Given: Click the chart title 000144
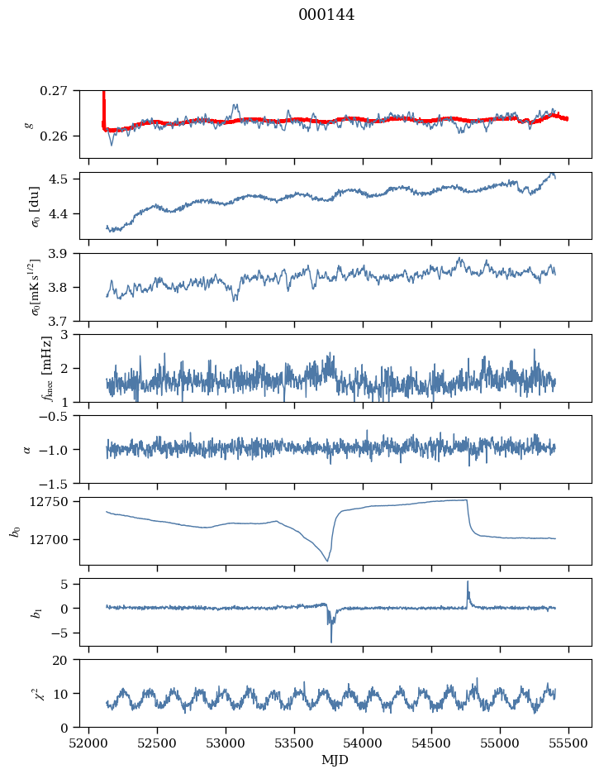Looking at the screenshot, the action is click(326, 15).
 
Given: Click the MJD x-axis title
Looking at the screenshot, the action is click(335, 760).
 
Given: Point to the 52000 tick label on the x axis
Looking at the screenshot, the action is click(88, 743).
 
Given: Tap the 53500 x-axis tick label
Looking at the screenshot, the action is click(294, 743).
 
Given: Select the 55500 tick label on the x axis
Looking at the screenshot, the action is click(568, 743).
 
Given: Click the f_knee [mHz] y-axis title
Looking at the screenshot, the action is click(47, 368).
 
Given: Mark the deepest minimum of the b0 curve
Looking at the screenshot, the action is click(327, 561).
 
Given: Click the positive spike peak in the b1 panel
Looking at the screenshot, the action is click(468, 581).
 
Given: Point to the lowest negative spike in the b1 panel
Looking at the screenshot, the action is click(330, 642).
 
